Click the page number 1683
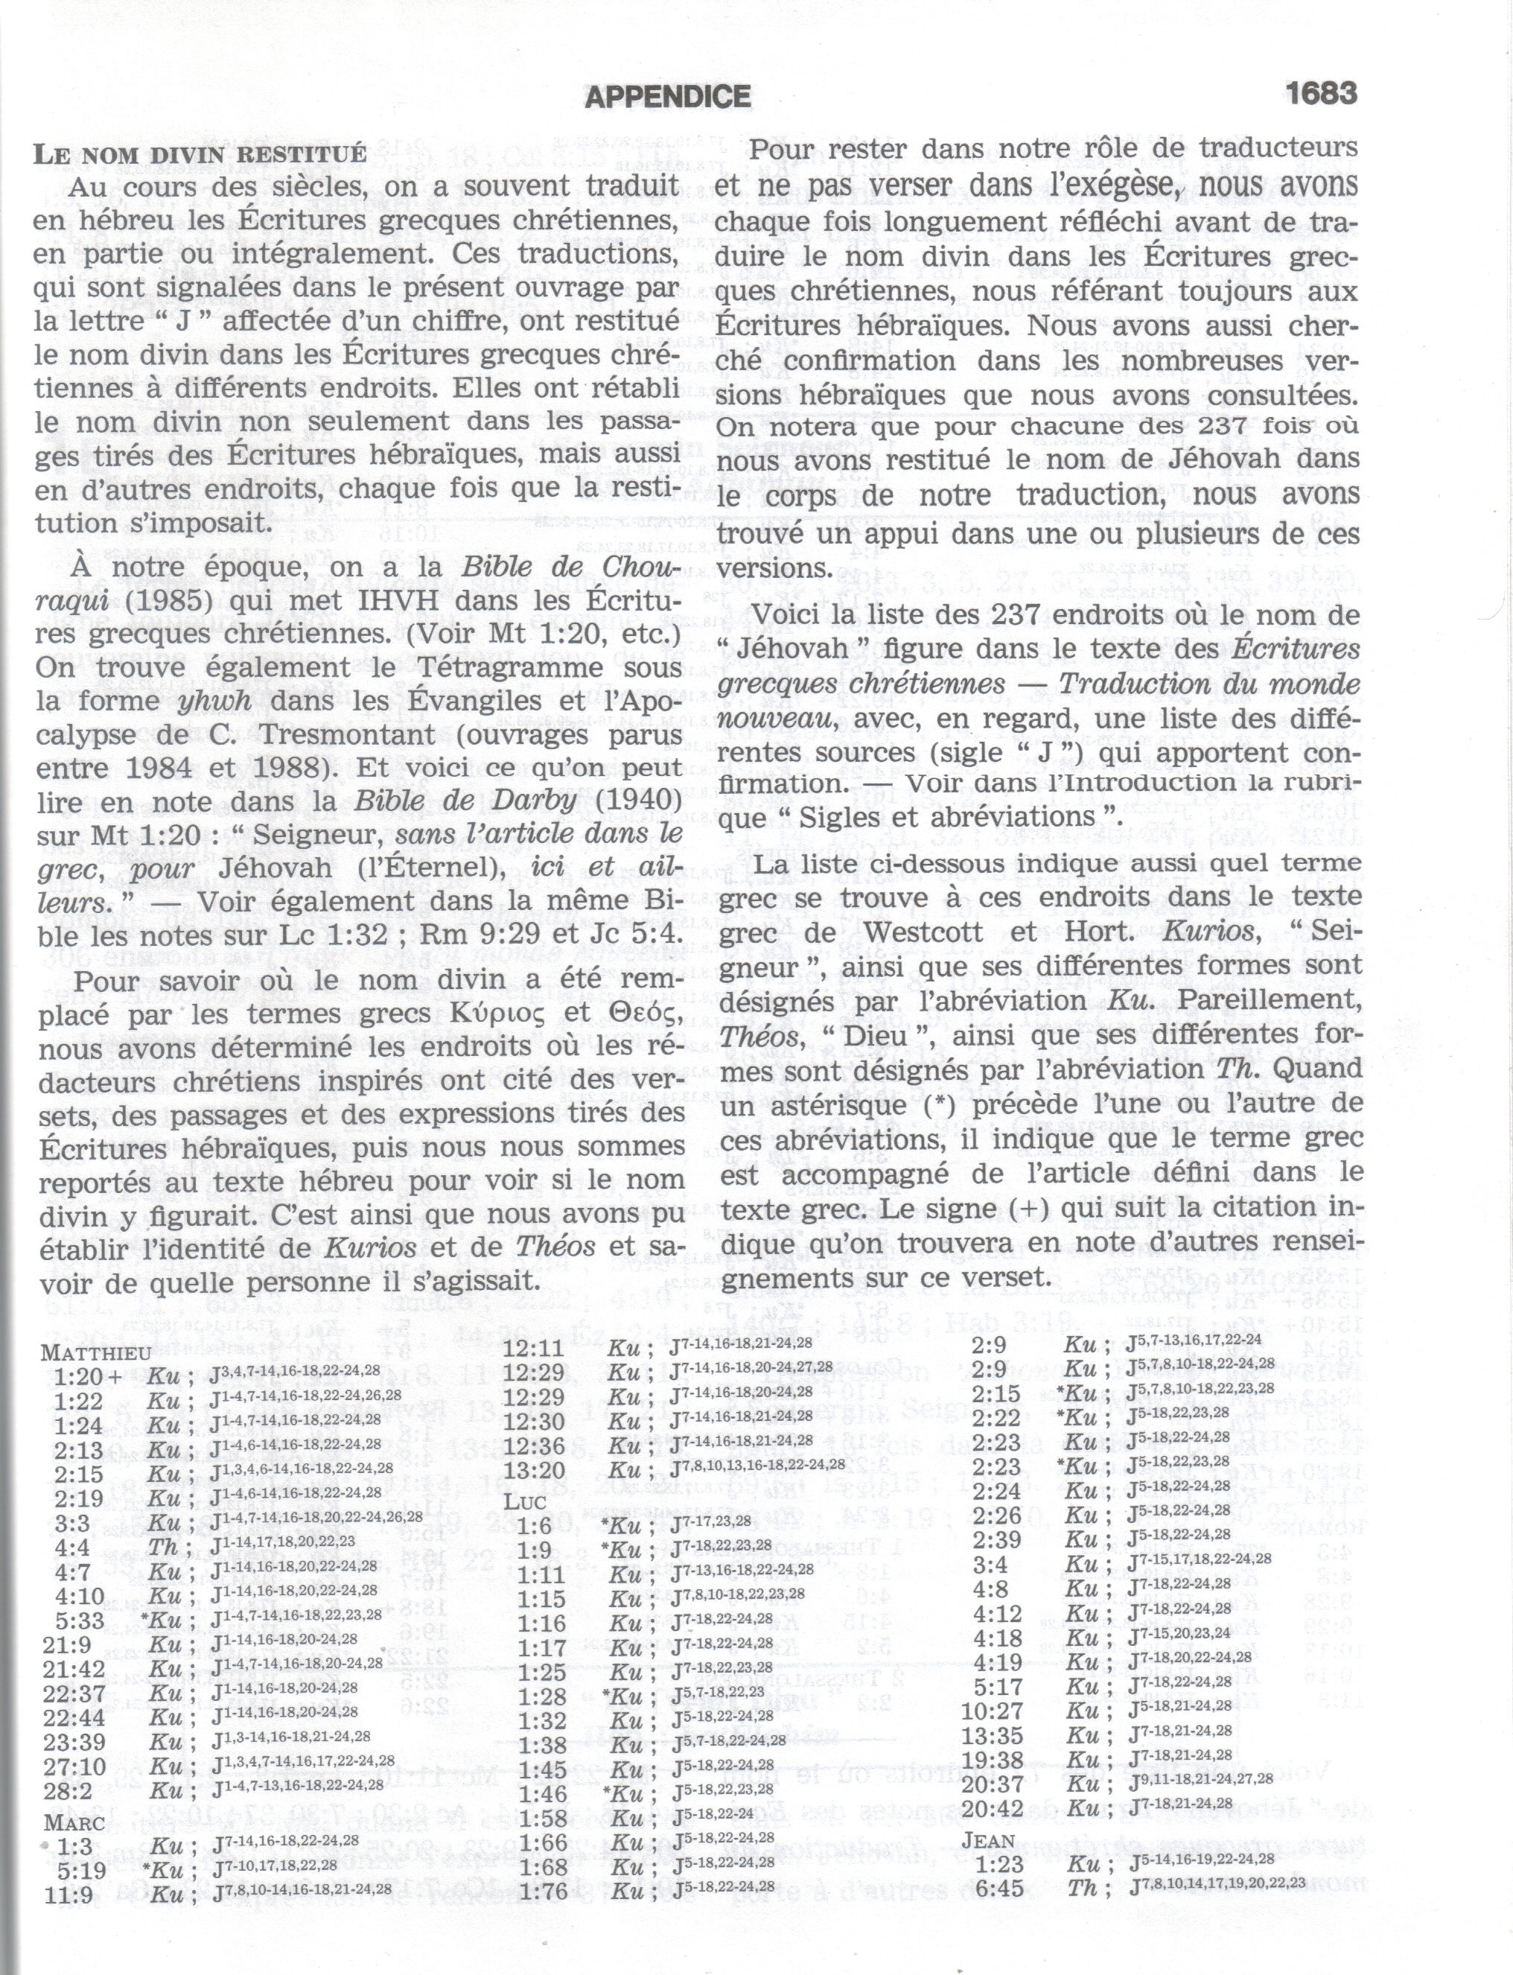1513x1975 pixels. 1320,94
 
